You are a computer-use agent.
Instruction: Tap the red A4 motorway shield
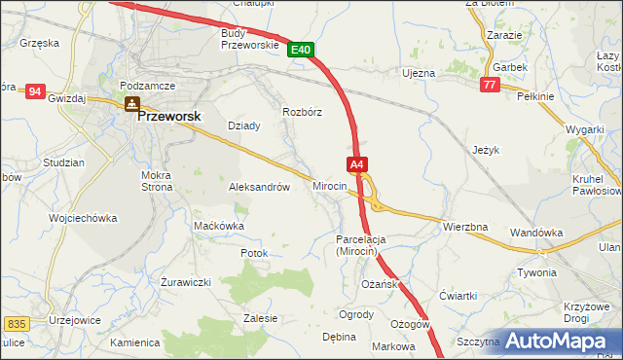(357, 165)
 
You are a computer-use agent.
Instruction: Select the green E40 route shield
(301, 50)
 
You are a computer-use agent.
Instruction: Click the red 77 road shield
(490, 86)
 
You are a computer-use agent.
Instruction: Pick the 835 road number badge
(16, 323)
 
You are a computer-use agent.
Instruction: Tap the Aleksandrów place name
(259, 187)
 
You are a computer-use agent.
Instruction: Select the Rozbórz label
(302, 112)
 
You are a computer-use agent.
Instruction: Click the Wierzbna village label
(464, 227)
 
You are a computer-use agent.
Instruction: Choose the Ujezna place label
(419, 73)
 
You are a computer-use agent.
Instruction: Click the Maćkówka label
(219, 226)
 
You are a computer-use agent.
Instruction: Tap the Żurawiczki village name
(186, 283)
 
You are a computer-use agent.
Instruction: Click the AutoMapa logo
(559, 341)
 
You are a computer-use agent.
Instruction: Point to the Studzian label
(63, 162)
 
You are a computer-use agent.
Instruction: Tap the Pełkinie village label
(535, 97)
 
